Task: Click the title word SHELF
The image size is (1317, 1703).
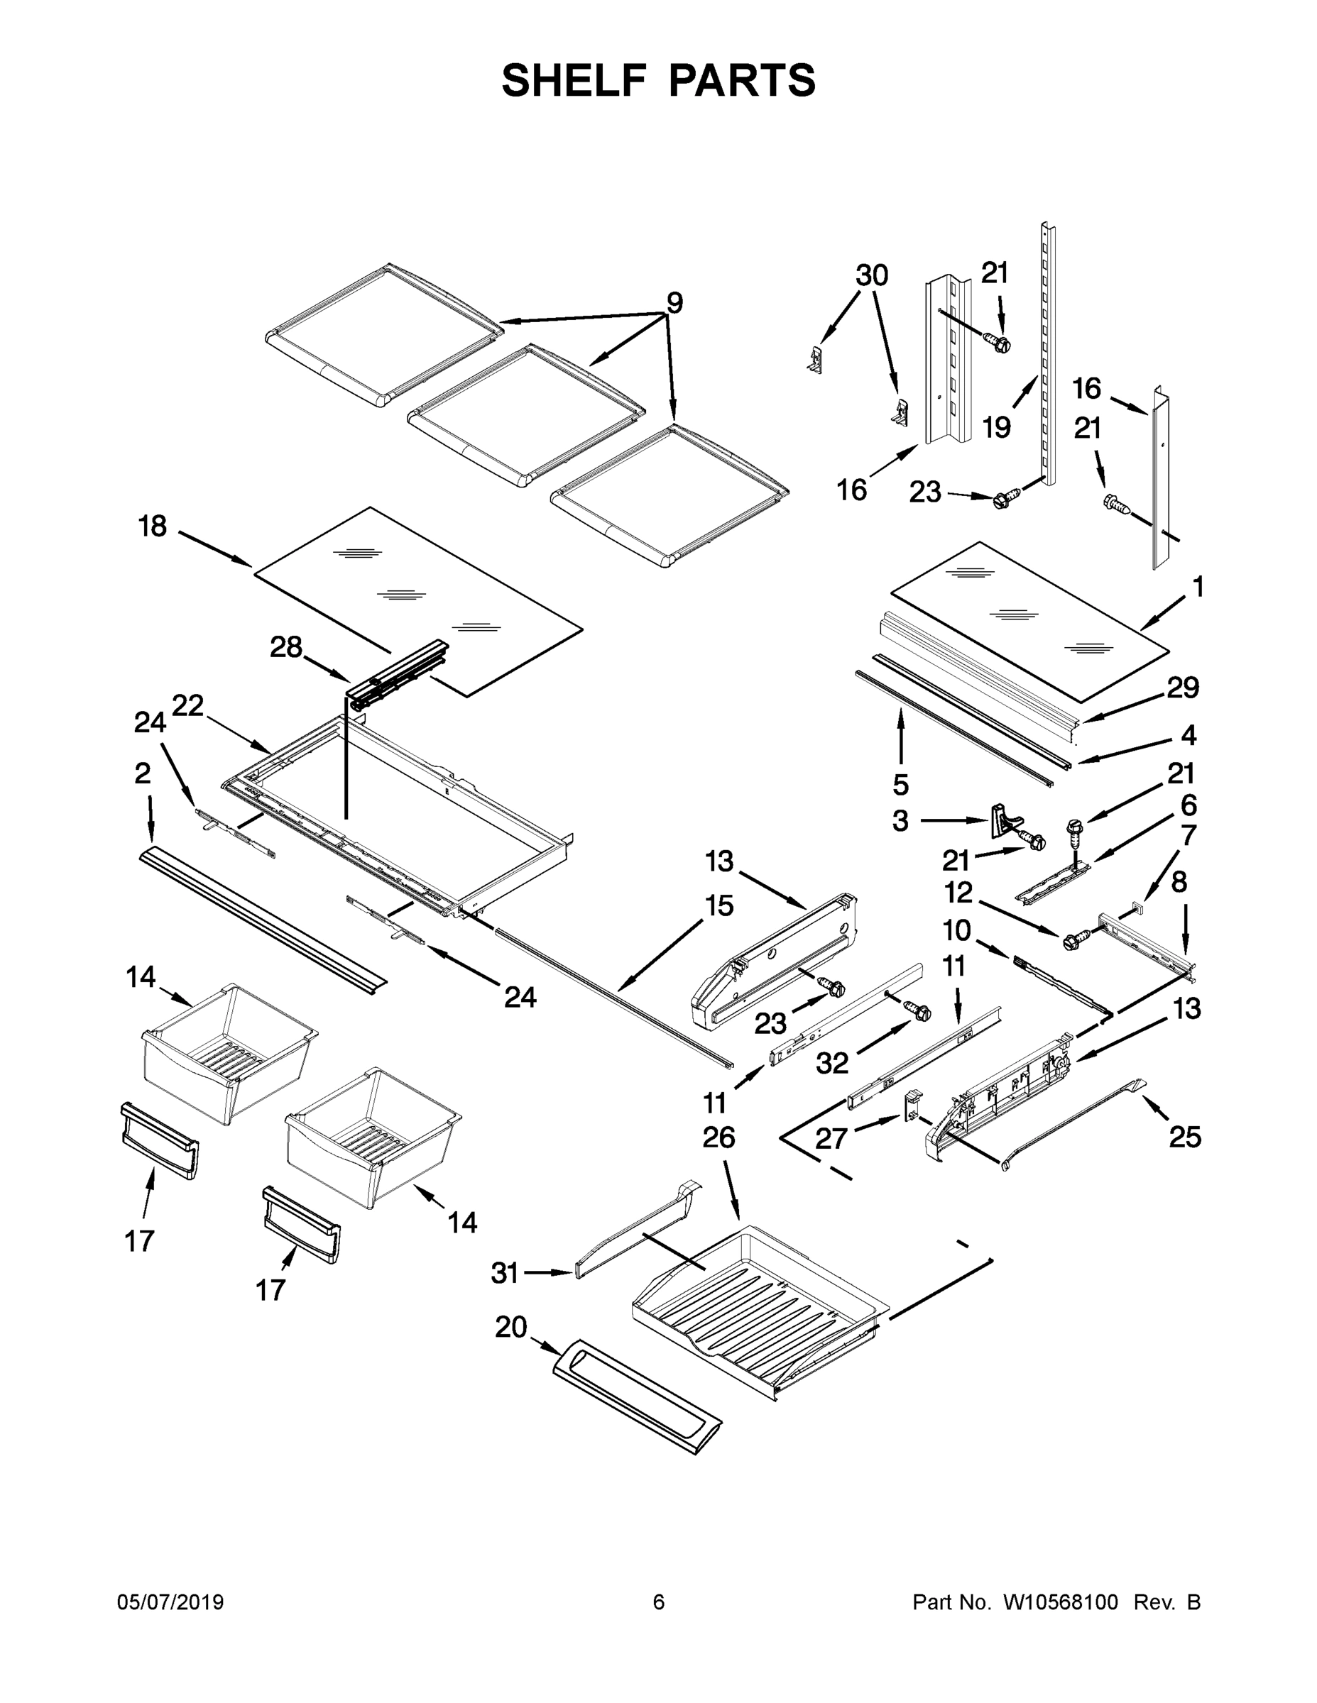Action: click(x=574, y=81)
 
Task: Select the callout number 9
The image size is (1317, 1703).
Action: click(x=674, y=302)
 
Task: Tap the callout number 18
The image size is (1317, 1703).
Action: click(x=152, y=527)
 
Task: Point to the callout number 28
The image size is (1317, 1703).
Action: click(x=285, y=647)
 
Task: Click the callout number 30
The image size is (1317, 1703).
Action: click(x=872, y=275)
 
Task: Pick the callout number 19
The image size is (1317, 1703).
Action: click(x=996, y=426)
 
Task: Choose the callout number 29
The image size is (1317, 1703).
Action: click(x=1183, y=688)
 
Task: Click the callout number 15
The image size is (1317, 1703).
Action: click(x=719, y=905)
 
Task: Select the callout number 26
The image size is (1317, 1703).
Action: click(x=718, y=1137)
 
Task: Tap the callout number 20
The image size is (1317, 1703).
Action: click(x=511, y=1326)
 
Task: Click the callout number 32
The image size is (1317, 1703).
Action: click(x=831, y=1063)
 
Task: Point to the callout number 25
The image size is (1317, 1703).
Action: click(x=1184, y=1137)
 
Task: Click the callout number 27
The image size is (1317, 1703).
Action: click(x=831, y=1139)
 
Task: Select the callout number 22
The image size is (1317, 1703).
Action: click(x=188, y=706)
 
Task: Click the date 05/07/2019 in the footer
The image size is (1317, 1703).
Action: click(x=170, y=1602)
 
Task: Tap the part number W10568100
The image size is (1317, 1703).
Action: click(x=1060, y=1602)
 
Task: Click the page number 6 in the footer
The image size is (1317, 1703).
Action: click(x=659, y=1602)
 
